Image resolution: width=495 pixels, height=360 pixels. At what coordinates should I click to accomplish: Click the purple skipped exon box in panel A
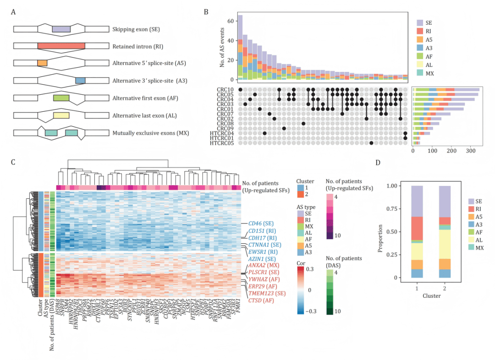tap(61, 29)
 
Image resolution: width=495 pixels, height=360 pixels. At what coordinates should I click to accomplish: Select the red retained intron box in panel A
tap(61, 46)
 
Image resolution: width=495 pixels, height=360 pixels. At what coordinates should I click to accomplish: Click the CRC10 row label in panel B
tap(225, 89)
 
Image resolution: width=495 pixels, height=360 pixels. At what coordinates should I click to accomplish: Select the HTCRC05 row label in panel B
tap(222, 143)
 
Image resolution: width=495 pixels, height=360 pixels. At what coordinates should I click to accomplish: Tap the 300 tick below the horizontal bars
tap(471, 150)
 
